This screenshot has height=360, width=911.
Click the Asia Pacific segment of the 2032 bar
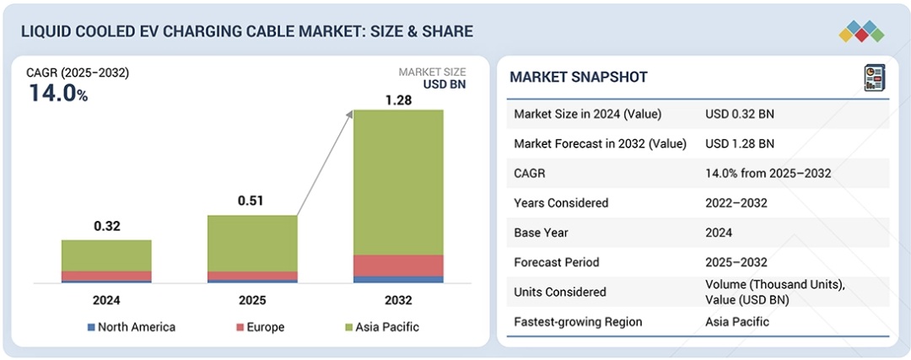[x=398, y=181]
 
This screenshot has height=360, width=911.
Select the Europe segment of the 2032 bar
[x=398, y=265]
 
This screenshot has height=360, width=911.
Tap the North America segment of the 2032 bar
[x=398, y=279]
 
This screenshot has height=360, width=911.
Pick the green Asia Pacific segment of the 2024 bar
[x=106, y=255]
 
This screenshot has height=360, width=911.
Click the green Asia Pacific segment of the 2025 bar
[x=252, y=243]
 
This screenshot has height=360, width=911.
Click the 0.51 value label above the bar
[x=252, y=201]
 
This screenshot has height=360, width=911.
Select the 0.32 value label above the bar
[x=106, y=226]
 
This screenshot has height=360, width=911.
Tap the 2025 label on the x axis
[x=252, y=300]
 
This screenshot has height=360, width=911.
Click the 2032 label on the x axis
[x=398, y=300]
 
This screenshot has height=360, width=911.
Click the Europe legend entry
[x=261, y=327]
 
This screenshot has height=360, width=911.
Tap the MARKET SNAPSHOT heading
[x=579, y=78]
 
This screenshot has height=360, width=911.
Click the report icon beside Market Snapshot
[x=874, y=78]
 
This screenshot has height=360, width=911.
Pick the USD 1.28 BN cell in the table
[x=740, y=143]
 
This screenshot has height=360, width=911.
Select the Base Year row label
[x=542, y=232]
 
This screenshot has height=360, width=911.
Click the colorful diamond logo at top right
[x=861, y=31]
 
